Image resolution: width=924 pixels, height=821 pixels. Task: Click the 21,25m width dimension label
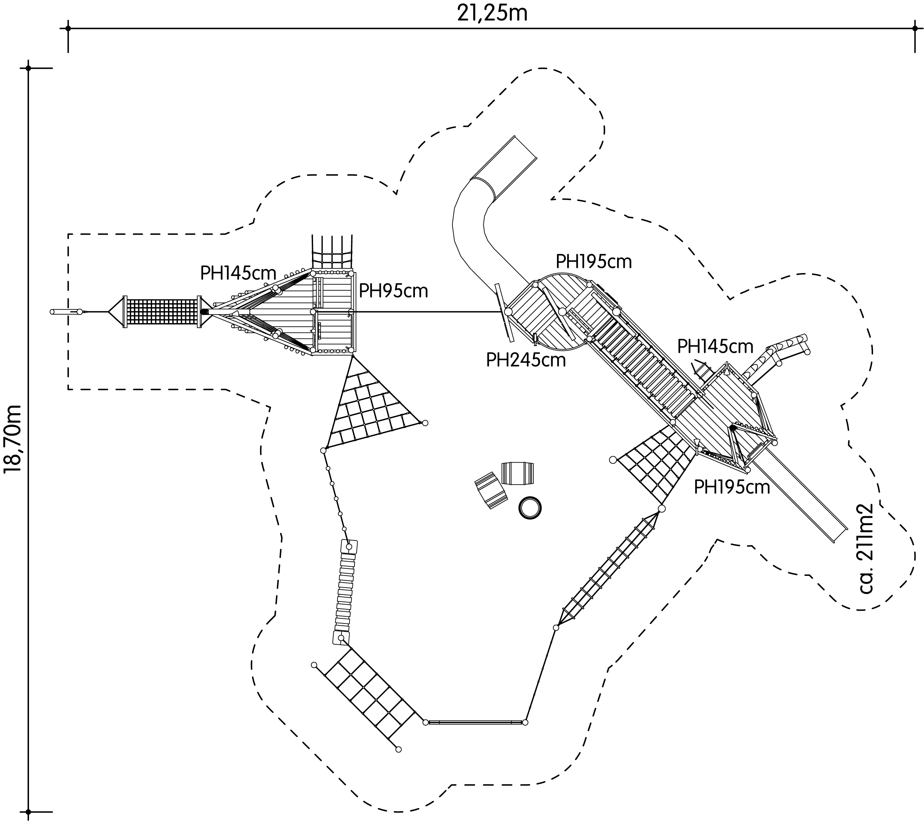pos(492,13)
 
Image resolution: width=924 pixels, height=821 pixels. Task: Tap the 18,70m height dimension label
pos(13,438)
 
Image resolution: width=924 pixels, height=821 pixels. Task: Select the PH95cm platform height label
pos(393,291)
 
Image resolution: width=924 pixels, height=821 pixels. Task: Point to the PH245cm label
pos(526,360)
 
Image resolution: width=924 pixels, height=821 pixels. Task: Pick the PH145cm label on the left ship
pos(238,273)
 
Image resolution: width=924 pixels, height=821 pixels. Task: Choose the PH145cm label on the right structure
pos(715,347)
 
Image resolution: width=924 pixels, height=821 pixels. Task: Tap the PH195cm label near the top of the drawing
pos(593,262)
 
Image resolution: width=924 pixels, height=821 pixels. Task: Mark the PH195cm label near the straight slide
pos(732,487)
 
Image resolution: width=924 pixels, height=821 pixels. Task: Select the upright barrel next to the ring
pos(517,473)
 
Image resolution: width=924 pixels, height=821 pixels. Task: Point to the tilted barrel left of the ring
pos(491,490)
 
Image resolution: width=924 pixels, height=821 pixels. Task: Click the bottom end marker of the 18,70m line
pos(28,812)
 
